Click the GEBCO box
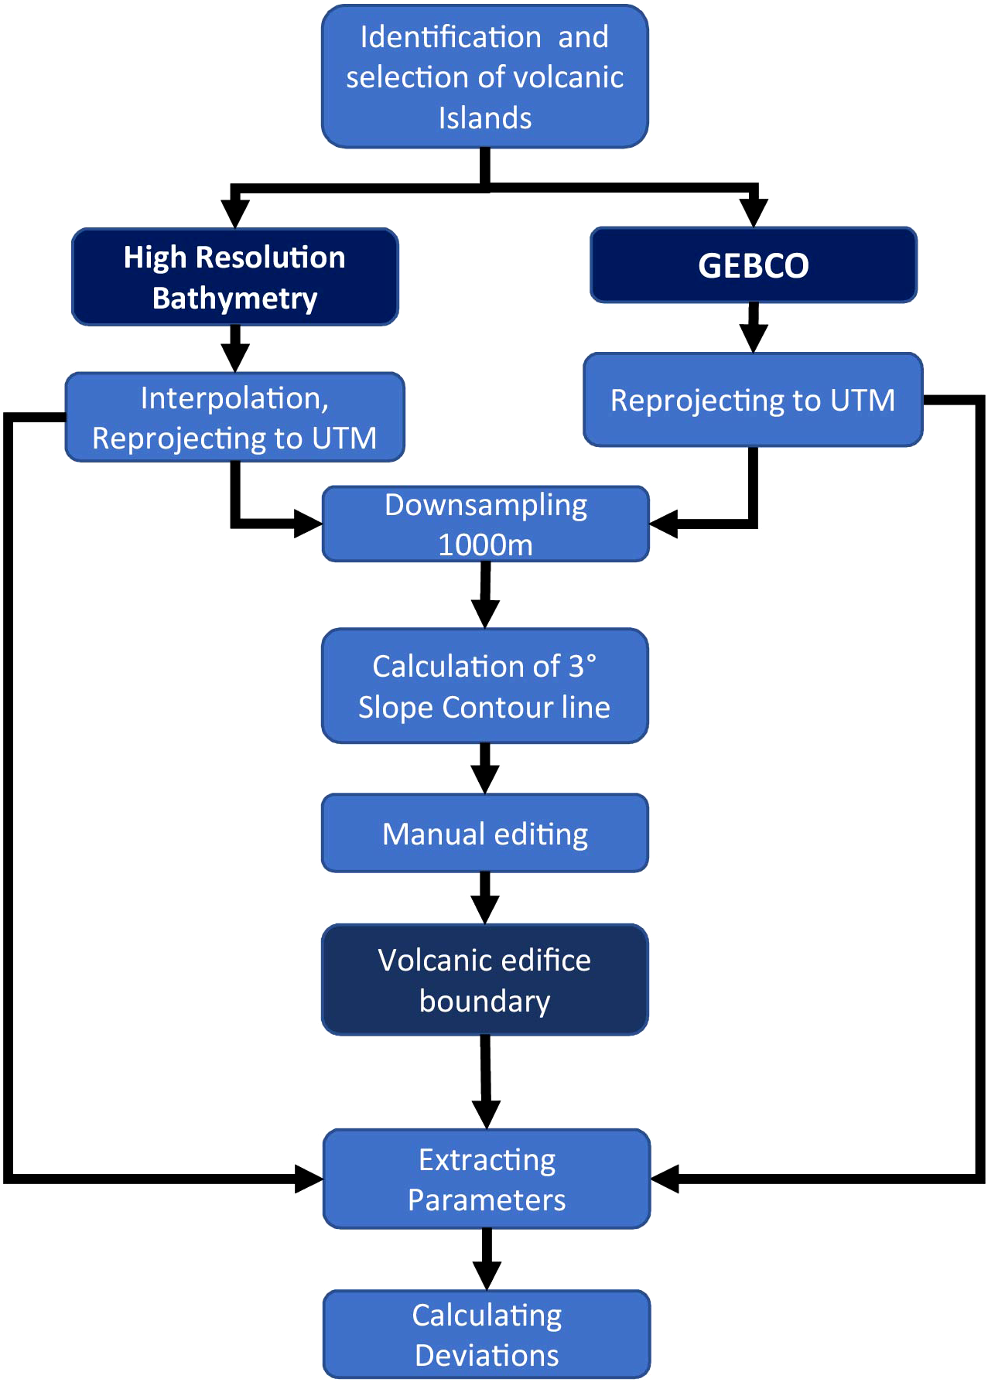(x=753, y=265)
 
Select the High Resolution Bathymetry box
(x=234, y=277)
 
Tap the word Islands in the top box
(x=485, y=118)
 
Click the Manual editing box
(x=485, y=834)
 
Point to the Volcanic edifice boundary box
(x=485, y=980)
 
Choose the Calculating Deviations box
(x=487, y=1334)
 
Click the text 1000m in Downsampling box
(x=485, y=545)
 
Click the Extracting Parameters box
(x=487, y=1179)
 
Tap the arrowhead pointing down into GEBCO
(x=754, y=212)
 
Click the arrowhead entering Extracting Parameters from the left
(x=309, y=1179)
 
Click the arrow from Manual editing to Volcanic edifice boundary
(x=485, y=899)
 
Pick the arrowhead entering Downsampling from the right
(x=664, y=524)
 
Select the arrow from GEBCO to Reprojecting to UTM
(x=754, y=328)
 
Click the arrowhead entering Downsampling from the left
(x=308, y=524)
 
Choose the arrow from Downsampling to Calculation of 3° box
(x=485, y=596)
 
